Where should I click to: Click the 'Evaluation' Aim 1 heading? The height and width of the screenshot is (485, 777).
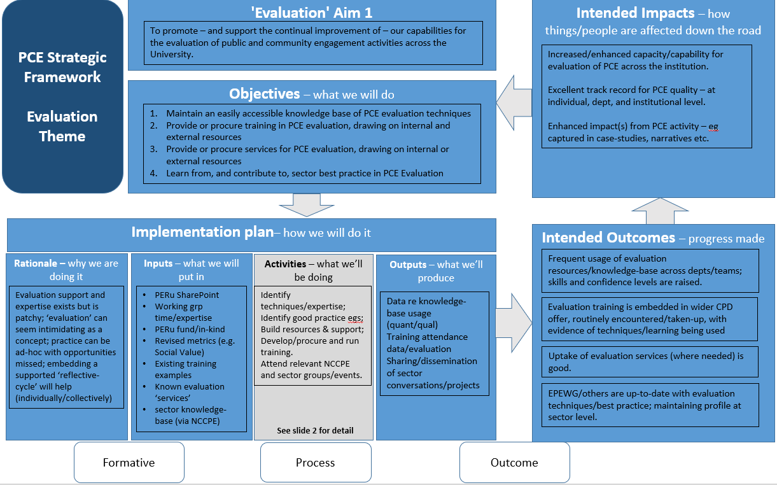[x=312, y=12]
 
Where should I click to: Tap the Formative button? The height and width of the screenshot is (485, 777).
[x=129, y=463]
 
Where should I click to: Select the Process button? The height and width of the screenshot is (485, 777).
[x=315, y=463]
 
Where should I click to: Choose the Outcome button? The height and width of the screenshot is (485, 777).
[x=514, y=463]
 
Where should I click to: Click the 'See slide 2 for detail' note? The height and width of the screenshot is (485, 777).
[x=315, y=430]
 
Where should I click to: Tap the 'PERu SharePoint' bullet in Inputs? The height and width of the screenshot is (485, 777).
[x=186, y=295]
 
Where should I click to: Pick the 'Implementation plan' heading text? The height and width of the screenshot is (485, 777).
[x=202, y=232]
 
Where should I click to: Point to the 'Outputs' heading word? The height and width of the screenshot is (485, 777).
[x=408, y=264]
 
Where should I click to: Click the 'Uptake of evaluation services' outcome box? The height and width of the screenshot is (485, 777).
[x=650, y=362]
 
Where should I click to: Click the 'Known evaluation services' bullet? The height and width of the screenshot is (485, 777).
[x=189, y=392]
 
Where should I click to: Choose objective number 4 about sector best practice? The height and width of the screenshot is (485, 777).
[x=304, y=173]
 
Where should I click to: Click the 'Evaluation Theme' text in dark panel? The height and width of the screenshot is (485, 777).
[x=62, y=126]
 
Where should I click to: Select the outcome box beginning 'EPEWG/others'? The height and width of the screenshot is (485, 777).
[x=650, y=405]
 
